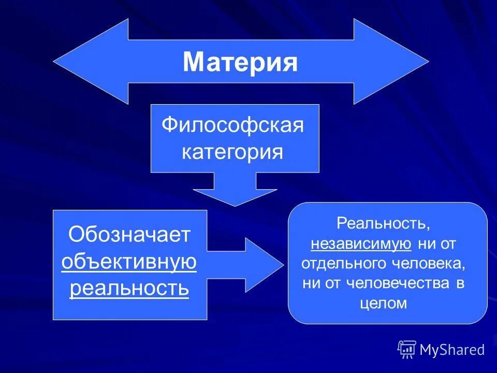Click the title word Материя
pyautogui.click(x=240, y=63)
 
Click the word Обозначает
pyautogui.click(x=129, y=235)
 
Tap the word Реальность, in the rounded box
pyautogui.click(x=383, y=224)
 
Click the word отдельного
pyautogui.click(x=336, y=263)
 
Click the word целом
pyautogui.click(x=383, y=303)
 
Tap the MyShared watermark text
pyautogui.click(x=452, y=350)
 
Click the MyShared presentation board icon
pyautogui.click(x=407, y=349)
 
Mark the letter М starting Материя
pyautogui.click(x=193, y=63)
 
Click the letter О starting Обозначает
pyautogui.click(x=76, y=235)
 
